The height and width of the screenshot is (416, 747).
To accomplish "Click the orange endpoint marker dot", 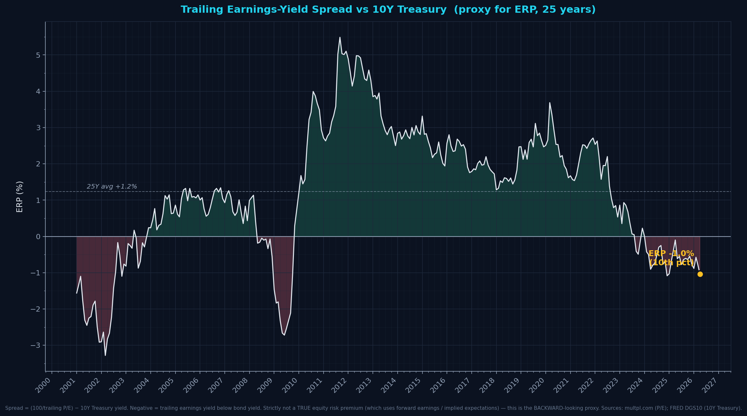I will point(700,274).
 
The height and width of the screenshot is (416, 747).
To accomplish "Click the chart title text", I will point(388,10).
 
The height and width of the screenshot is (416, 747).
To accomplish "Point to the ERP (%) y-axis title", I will point(20,197).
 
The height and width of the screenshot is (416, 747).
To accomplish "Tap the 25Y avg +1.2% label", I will point(112,187).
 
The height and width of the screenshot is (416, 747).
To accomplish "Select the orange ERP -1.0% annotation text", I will point(671,254).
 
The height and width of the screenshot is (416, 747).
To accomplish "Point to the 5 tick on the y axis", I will point(38,55).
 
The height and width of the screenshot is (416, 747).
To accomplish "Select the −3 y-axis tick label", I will point(36,345).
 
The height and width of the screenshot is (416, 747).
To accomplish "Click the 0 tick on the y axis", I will point(38,237).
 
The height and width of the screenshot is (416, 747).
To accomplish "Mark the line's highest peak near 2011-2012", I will point(340,37).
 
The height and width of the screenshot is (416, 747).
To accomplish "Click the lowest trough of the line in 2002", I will point(105,355).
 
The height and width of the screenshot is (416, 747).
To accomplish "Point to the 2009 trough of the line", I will point(284,335).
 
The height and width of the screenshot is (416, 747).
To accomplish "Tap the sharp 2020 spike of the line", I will point(549,103).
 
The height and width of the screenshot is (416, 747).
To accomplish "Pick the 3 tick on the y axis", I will point(38,128).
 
